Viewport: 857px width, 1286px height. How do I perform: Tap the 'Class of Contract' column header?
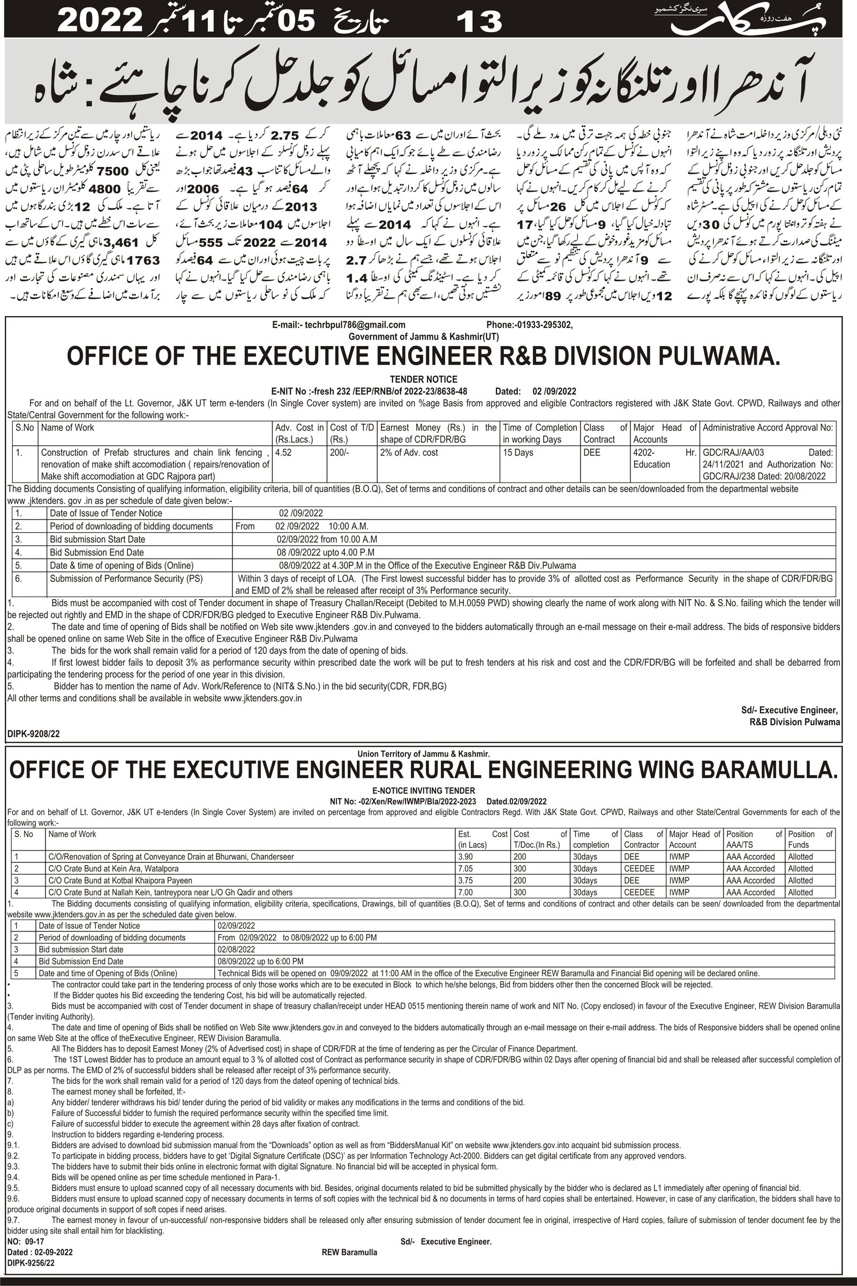click(605, 433)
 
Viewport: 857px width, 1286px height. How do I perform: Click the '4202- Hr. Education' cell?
click(664, 458)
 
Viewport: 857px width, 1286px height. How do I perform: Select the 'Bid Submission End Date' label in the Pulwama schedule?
click(97, 553)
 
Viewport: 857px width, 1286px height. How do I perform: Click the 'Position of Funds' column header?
click(809, 839)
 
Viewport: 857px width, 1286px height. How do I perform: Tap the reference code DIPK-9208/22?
click(34, 734)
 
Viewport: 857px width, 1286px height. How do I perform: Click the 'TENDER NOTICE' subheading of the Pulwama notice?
click(424, 379)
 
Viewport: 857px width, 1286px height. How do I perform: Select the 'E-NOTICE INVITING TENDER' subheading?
click(424, 790)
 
